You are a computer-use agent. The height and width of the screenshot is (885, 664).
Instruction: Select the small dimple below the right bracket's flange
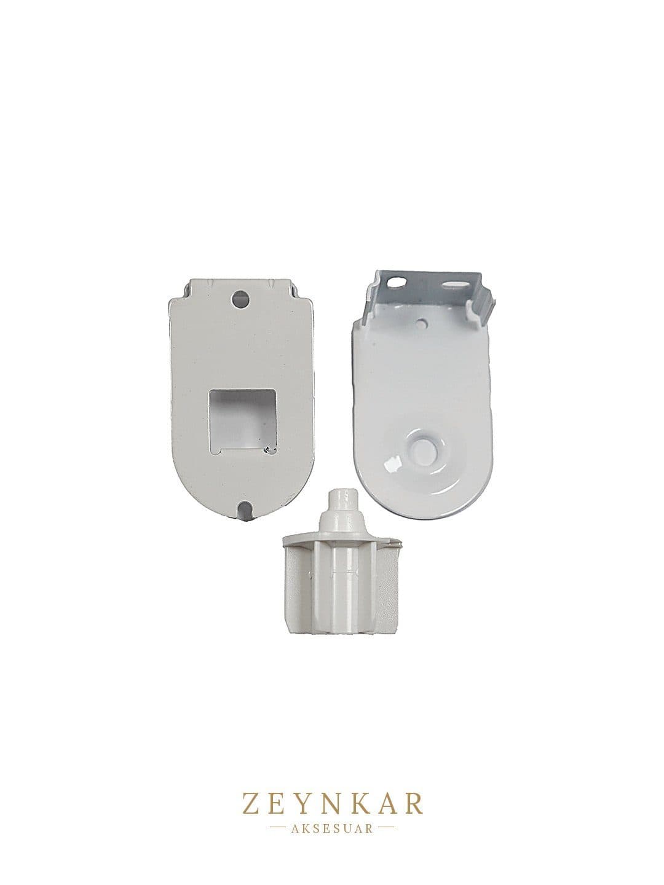(x=422, y=323)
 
